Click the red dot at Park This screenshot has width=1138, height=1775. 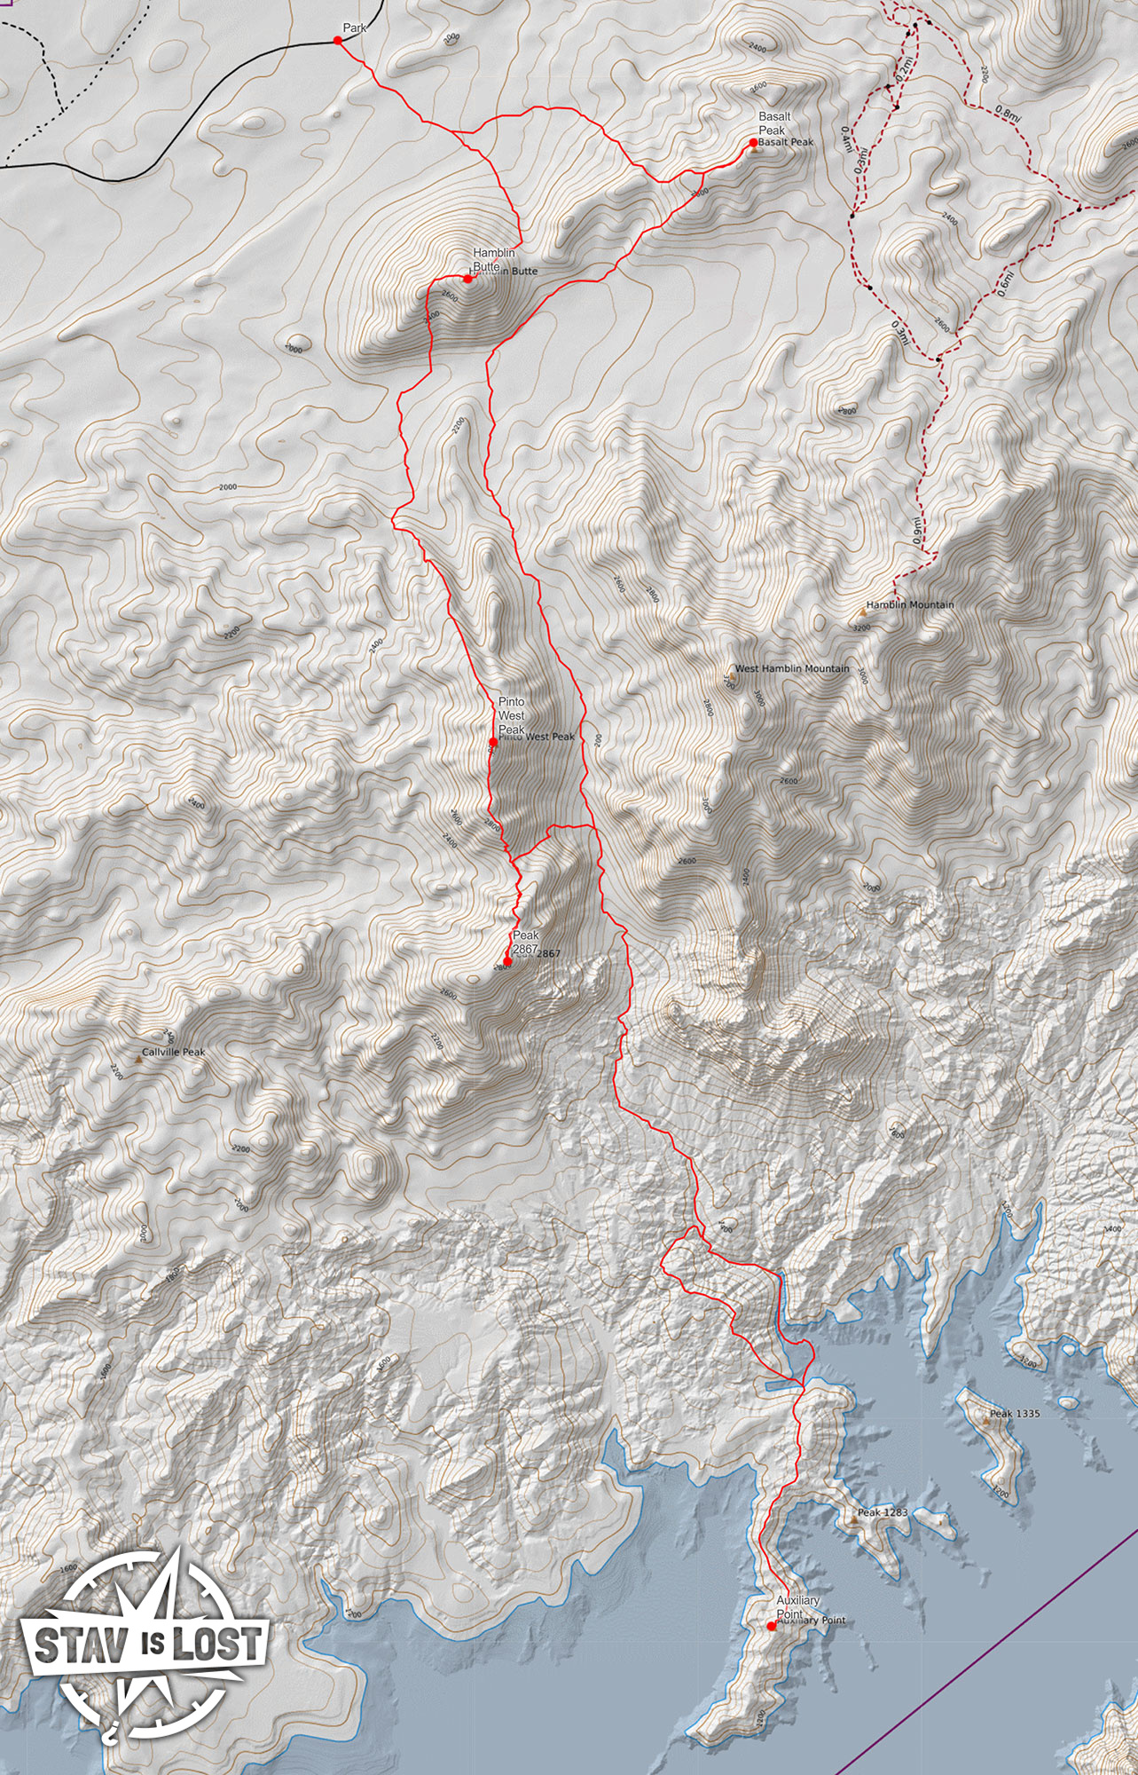pos(337,40)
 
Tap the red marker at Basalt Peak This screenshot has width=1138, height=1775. pos(753,142)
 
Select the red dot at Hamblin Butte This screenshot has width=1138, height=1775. pos(467,279)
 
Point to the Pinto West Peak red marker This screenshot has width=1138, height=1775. pos(493,742)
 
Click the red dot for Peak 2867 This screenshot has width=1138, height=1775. pos(507,961)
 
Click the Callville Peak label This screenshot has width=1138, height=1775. pos(174,1053)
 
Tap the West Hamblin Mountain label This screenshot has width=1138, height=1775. pos(791,669)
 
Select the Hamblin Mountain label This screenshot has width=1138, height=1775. pos(910,605)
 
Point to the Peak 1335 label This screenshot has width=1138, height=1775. pos(1015,1414)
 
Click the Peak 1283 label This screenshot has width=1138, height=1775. pos(882,1511)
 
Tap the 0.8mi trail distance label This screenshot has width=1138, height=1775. pos(1008,113)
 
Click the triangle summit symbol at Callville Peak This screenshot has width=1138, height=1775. pos(137,1059)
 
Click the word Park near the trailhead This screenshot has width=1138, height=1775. pos(355,28)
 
